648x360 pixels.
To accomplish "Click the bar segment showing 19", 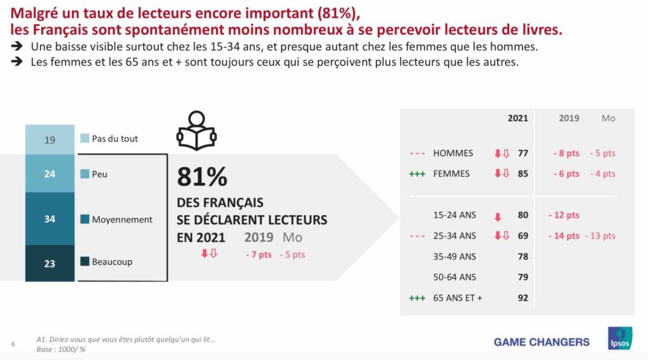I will point(49,140).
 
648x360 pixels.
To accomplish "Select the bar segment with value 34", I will point(49,219).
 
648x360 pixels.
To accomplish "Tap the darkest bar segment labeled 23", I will point(49,263).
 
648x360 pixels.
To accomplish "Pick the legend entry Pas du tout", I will point(115,139).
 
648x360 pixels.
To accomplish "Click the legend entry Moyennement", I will point(121,220).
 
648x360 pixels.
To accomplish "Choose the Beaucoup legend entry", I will point(111,261).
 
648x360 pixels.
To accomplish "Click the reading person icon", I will point(196,131).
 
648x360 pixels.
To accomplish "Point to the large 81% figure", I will point(202,178).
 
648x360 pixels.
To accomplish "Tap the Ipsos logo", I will point(620,338).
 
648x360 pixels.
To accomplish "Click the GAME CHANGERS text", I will point(541,342).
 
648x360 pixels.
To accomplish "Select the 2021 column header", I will point(518,118).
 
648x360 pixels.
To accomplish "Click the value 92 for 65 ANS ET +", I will point(523,297).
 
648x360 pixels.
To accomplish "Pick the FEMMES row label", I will point(451,173).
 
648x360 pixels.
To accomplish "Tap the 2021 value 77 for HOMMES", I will point(523,153).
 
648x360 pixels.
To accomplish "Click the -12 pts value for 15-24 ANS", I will point(563,215).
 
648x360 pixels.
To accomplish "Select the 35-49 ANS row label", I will point(454,256).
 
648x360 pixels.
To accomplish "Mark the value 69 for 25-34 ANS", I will point(523,236).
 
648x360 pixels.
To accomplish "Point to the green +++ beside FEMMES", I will point(417,173).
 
